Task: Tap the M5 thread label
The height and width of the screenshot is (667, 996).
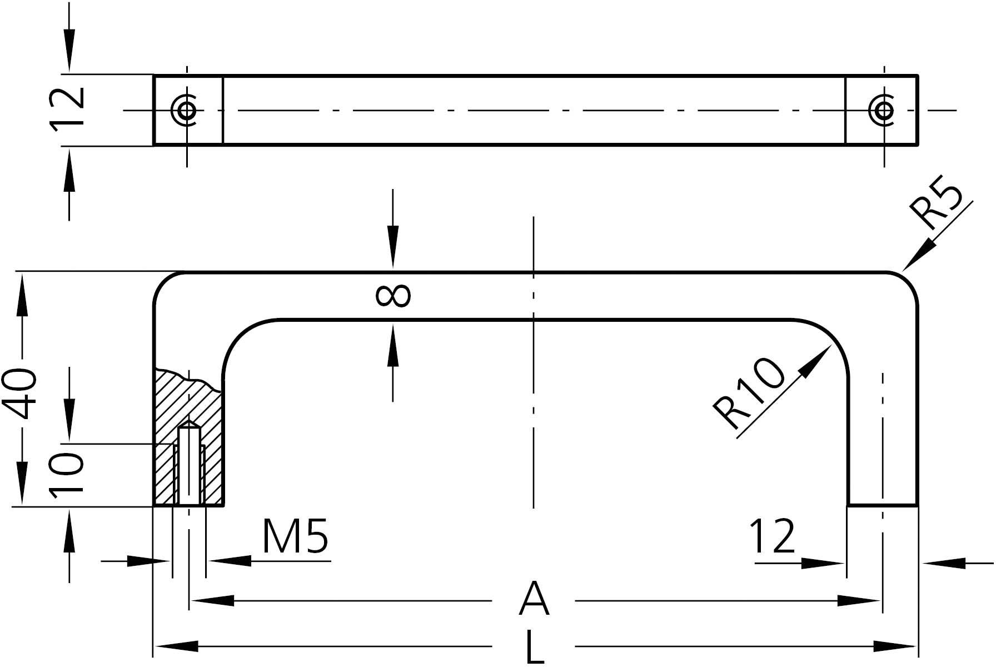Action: (x=295, y=536)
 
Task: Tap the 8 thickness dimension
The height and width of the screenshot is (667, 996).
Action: (x=393, y=295)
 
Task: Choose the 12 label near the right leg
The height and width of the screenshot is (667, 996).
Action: (x=773, y=536)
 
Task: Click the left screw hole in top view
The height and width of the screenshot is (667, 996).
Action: (x=187, y=110)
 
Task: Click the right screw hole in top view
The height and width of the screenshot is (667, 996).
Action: (x=884, y=110)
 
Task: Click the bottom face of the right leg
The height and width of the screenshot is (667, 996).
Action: (x=882, y=506)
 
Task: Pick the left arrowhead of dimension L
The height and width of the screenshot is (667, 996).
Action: (x=176, y=646)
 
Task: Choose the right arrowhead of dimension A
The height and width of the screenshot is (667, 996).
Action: (x=859, y=601)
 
